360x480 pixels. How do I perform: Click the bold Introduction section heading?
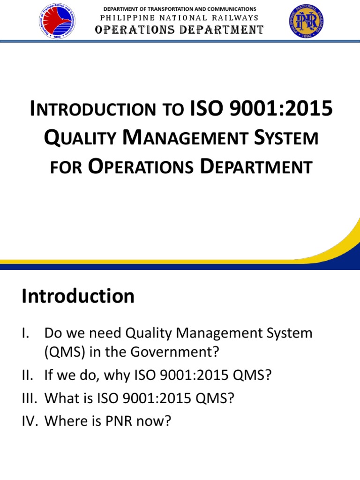[x=78, y=296]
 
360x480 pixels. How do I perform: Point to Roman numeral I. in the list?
[x=26, y=334]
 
